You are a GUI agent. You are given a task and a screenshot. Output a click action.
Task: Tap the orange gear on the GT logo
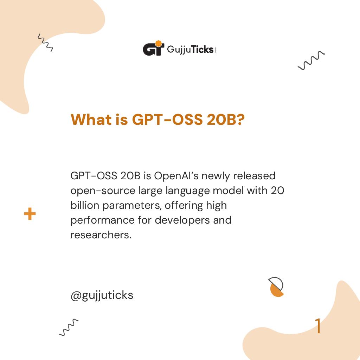(159, 44)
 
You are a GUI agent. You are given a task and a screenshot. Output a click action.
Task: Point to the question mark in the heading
(240, 120)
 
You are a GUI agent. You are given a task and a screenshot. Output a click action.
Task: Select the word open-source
(103, 191)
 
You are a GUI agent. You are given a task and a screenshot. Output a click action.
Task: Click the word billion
(85, 205)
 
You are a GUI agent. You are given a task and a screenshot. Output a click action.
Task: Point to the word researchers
(101, 235)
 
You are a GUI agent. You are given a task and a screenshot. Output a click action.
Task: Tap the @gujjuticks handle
(102, 295)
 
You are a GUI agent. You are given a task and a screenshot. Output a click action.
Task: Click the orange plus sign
(30, 214)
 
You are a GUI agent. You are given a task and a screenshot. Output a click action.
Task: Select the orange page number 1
(318, 326)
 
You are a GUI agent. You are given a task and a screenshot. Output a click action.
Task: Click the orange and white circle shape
(276, 287)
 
